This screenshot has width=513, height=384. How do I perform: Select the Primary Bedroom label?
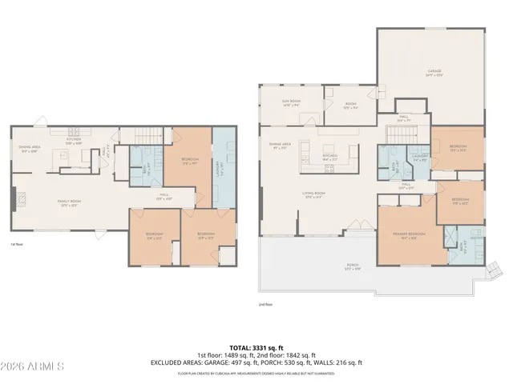coord(410,234)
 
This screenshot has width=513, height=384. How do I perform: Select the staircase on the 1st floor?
coord(145,136)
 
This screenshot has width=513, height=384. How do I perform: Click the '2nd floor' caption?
coord(265,304)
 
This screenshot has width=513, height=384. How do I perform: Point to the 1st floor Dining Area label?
coord(30,149)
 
